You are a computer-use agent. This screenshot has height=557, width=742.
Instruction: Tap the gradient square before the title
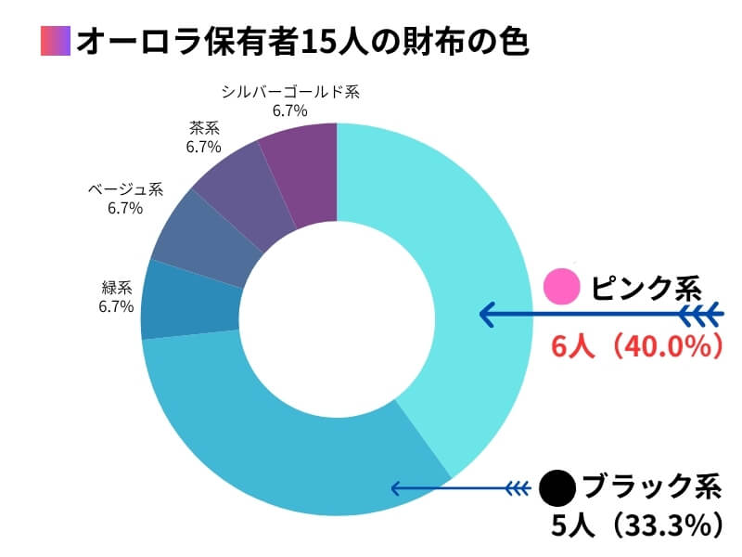56,43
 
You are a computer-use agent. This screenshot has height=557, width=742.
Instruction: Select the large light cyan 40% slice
473,278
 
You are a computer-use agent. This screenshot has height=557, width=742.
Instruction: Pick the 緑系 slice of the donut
190,302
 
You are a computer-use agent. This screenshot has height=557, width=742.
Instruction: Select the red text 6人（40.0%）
636,346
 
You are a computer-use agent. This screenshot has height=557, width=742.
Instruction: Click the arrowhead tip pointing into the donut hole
481,315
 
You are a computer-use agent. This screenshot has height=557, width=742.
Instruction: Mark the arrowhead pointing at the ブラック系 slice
394,488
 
